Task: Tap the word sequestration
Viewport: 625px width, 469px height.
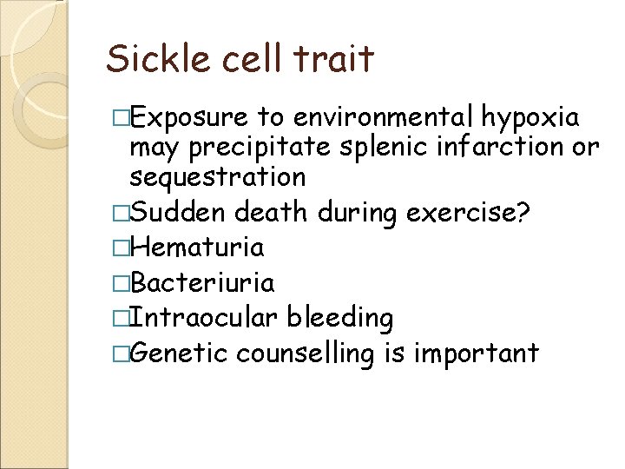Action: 217,177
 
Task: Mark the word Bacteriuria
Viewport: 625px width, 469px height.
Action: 202,283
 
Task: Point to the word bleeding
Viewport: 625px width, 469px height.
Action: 343,319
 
